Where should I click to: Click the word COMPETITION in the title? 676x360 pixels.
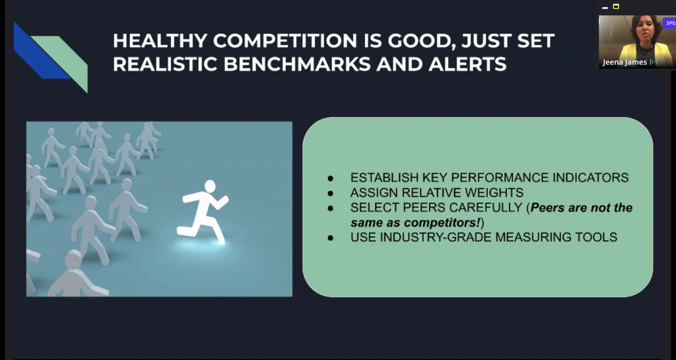click(285, 41)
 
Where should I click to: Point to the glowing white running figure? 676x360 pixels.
click(203, 211)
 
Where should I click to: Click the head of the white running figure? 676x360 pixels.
click(210, 186)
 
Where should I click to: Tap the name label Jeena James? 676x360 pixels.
click(625, 62)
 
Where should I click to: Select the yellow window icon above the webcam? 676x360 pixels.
click(616, 7)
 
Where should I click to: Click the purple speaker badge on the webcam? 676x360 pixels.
click(669, 23)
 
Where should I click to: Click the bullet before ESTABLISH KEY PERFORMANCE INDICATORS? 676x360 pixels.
click(331, 178)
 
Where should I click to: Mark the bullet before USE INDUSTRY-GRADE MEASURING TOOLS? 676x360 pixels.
click(331, 238)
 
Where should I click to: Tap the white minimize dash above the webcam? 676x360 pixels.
click(605, 8)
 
